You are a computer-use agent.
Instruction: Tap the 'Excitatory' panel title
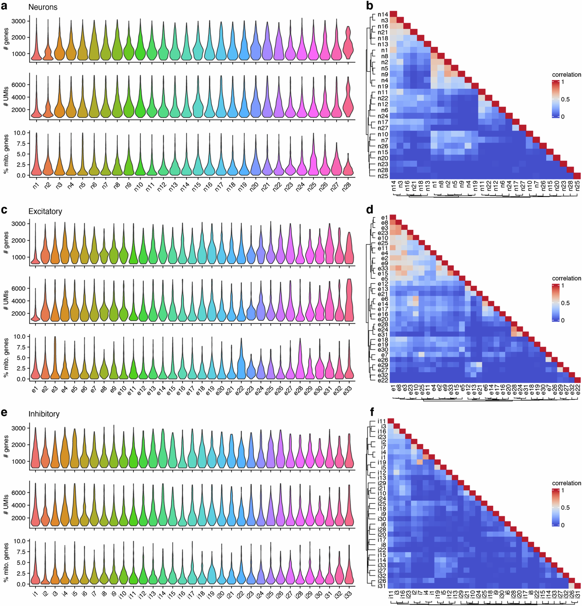click(x=45, y=211)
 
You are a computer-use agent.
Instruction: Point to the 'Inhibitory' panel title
click(x=44, y=414)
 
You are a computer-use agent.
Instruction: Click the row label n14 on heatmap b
click(x=383, y=14)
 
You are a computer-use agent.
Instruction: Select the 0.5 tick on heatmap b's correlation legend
click(x=565, y=99)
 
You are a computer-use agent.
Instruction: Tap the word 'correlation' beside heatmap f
click(x=566, y=483)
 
